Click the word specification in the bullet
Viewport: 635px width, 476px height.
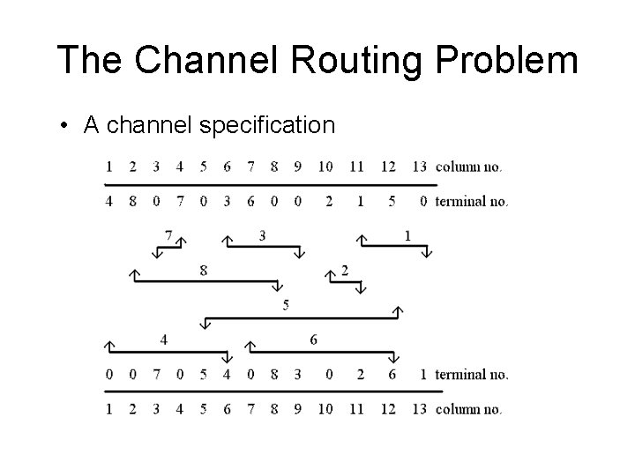[267, 126]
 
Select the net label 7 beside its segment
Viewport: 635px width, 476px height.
[168, 235]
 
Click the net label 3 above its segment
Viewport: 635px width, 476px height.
[262, 235]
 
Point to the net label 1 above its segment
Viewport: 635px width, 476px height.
[407, 235]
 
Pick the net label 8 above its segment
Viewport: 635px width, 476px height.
[204, 270]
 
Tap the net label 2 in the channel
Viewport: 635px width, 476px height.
[344, 270]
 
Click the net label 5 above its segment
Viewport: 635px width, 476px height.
[286, 305]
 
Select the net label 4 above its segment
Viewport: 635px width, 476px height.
[164, 339]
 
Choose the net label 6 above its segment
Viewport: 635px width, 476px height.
[313, 339]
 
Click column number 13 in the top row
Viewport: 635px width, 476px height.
[419, 166]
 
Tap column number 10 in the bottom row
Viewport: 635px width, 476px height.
[326, 409]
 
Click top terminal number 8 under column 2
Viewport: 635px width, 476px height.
[132, 201]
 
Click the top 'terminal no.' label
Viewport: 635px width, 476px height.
[472, 201]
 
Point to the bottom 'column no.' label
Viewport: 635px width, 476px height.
[469, 409]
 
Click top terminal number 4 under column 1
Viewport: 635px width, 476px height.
[108, 201]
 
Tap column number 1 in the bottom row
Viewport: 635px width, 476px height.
[108, 409]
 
